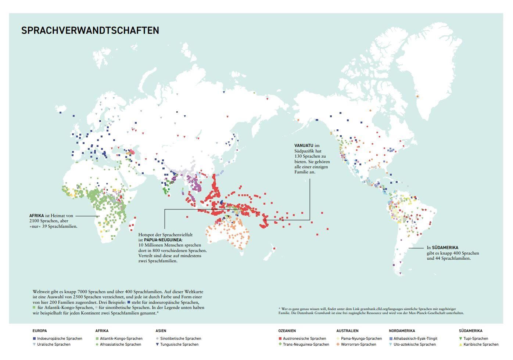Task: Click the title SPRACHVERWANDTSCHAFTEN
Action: [90, 30]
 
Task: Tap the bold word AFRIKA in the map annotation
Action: [37, 216]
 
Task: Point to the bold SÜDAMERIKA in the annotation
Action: [445, 248]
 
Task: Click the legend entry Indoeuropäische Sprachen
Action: [60, 339]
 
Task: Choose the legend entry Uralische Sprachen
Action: [54, 345]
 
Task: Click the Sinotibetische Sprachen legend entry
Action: [180, 339]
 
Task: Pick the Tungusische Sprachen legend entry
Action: [179, 345]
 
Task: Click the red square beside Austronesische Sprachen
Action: [280, 339]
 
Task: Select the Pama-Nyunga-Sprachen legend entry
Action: [361, 339]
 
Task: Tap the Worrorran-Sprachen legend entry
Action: [358, 345]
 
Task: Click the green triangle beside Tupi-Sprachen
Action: [461, 339]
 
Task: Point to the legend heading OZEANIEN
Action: [287, 331]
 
